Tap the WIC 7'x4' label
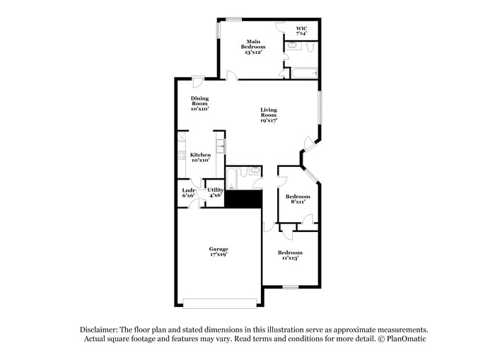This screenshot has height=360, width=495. [301, 31]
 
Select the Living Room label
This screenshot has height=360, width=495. [269, 115]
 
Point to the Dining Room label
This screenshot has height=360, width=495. [199, 104]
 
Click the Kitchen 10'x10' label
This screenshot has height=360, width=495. [200, 157]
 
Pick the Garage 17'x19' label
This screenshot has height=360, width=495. [219, 252]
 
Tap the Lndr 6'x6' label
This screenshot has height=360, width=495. [188, 192]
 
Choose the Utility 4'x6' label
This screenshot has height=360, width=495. [216, 192]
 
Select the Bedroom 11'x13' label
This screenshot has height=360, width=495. [290, 255]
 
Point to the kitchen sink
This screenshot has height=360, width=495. [221, 148]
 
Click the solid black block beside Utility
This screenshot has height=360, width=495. [243, 199]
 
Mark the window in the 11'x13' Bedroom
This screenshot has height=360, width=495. [290, 287]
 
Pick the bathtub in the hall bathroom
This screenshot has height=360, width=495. [231, 178]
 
